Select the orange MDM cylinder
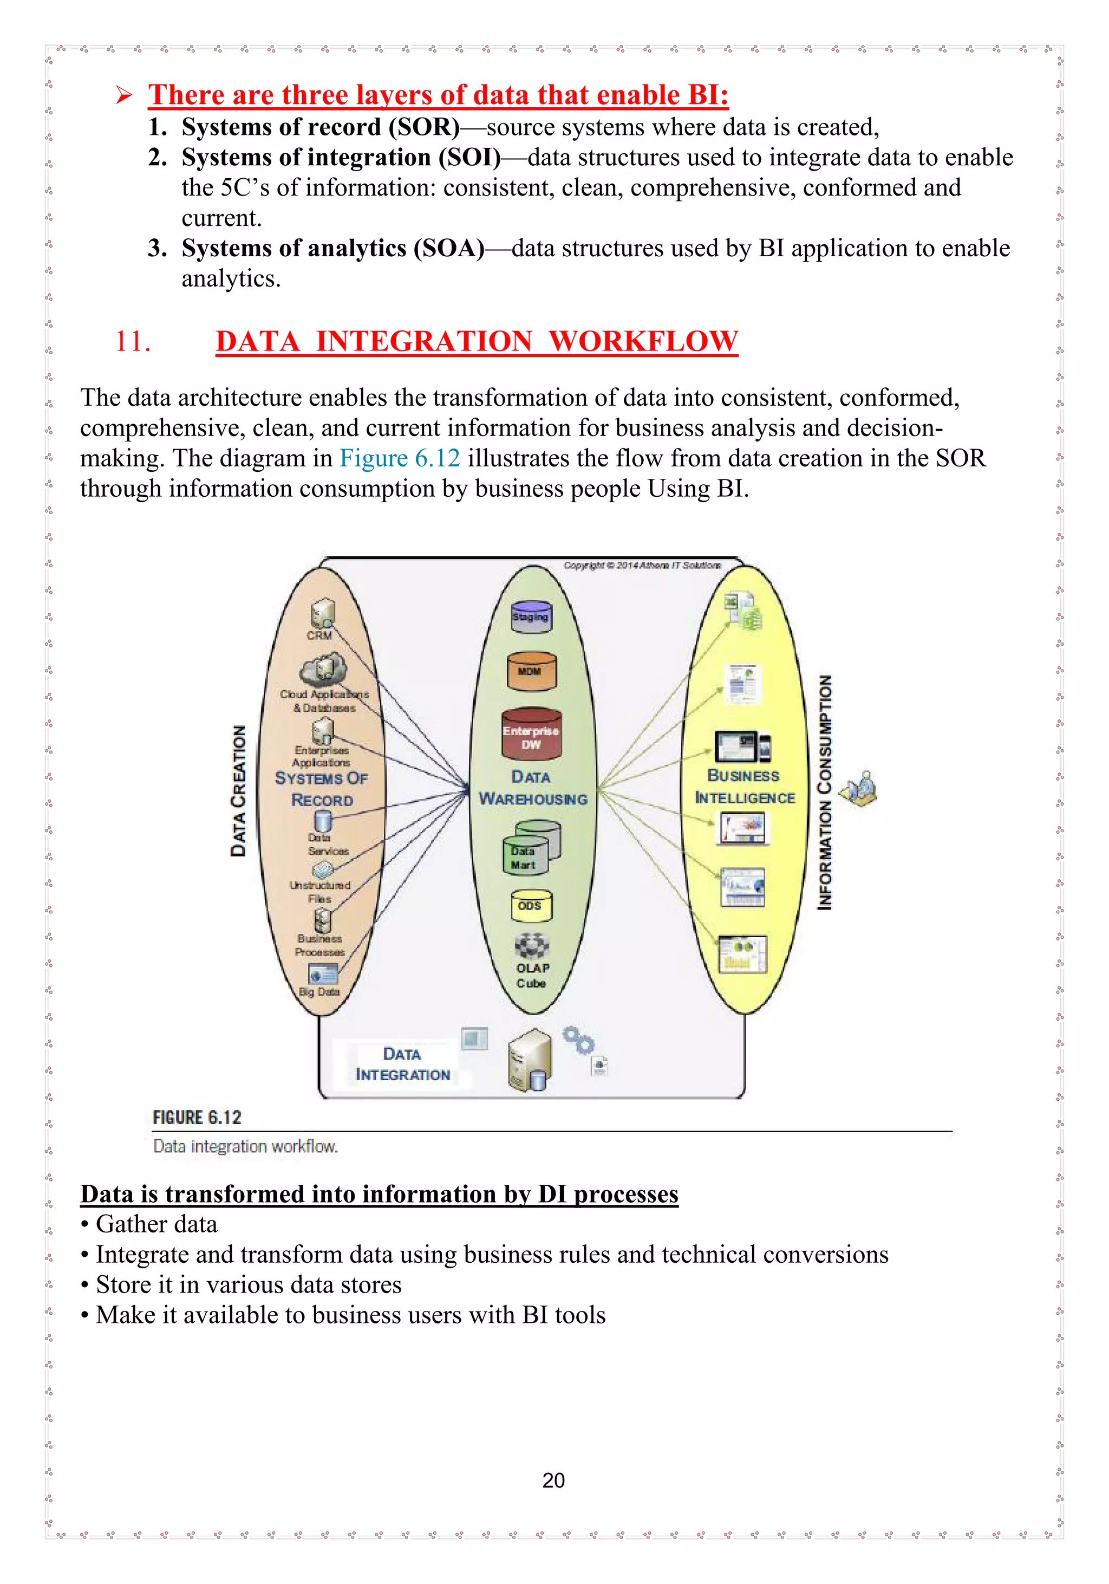pyautogui.click(x=530, y=671)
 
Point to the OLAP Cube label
pyautogui.click(x=532, y=975)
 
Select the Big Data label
pyautogui.click(x=319, y=991)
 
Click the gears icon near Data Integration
pyautogui.click(x=577, y=1039)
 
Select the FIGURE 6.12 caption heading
pyautogui.click(x=197, y=1117)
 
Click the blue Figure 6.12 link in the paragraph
pyautogui.click(x=399, y=458)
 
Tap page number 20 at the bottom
pyautogui.click(x=553, y=1480)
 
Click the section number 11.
pyautogui.click(x=133, y=341)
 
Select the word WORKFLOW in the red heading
pyautogui.click(x=643, y=341)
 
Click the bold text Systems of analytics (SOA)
pyautogui.click(x=332, y=248)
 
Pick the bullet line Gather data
pyautogui.click(x=156, y=1223)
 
